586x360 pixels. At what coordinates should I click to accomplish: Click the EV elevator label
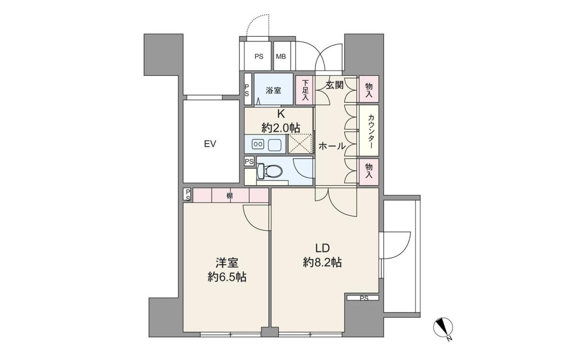(210, 144)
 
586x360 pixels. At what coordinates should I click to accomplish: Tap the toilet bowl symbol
(270, 171)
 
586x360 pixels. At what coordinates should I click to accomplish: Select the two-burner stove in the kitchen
(258, 144)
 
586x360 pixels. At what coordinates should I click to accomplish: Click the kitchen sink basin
(274, 144)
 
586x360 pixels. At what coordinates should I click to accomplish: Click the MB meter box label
(281, 57)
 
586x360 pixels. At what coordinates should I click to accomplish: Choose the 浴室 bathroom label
(273, 91)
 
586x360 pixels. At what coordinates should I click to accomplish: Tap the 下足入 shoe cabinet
(305, 90)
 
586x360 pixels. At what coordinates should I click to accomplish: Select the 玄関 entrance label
(334, 85)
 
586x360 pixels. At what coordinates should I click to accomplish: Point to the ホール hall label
(332, 146)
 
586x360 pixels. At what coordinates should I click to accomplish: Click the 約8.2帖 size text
(322, 262)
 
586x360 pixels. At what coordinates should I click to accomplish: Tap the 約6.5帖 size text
(227, 277)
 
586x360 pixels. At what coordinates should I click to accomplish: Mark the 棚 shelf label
(229, 195)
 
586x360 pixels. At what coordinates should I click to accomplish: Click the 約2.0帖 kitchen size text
(281, 128)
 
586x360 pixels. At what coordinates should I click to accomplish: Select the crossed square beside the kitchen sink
(300, 144)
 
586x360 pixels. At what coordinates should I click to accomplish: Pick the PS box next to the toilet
(249, 161)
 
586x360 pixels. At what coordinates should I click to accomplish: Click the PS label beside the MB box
(259, 57)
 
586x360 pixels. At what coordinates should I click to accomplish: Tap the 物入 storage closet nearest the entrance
(369, 89)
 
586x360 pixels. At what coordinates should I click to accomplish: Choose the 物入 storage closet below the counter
(369, 172)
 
